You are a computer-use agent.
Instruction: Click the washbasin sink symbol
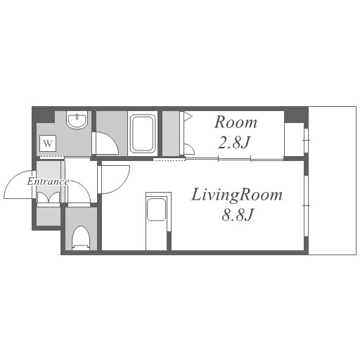pos(77,120)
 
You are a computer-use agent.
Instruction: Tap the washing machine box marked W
pos(48,143)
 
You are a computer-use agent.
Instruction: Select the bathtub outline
pos(143,134)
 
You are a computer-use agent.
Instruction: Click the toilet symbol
pos(81,238)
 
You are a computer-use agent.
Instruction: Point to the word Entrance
pos(48,181)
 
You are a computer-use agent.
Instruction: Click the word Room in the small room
pos(236,122)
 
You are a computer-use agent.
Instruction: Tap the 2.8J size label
pos(234,143)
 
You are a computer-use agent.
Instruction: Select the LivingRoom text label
pos(237,195)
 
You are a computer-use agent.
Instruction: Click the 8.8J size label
pos(238,214)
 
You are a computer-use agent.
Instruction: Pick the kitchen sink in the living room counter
pos(156,210)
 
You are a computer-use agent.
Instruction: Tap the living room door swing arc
pos(122,183)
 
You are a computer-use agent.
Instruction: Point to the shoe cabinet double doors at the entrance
pos(49,198)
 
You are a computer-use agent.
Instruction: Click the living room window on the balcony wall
pos(306,206)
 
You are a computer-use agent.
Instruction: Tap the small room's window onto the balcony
pos(306,140)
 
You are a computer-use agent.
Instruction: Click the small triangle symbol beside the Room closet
pos(188,116)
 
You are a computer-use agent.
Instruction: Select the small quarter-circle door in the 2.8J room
pos(189,149)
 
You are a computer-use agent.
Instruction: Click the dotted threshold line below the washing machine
pos(52,157)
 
